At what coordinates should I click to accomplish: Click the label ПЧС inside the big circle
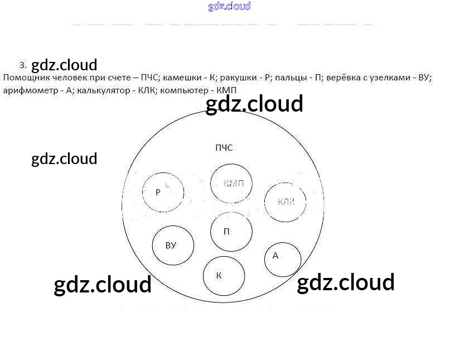[223, 148]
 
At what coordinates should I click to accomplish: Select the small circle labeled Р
[163, 193]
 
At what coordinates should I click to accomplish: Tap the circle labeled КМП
[231, 184]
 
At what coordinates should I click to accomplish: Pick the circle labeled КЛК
[285, 201]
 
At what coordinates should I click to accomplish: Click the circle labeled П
[231, 232]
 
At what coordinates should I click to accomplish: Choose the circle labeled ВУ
[173, 246]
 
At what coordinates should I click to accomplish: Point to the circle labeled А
[282, 259]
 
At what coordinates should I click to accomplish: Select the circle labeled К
[224, 276]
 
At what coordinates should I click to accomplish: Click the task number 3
[22, 65]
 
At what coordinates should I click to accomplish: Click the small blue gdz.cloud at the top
[229, 7]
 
